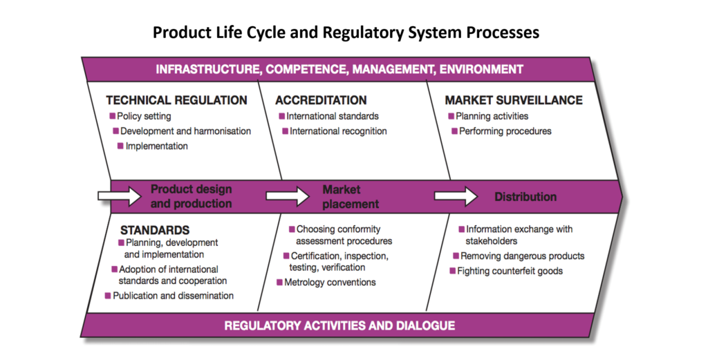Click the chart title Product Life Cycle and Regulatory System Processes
pyautogui.click(x=346, y=32)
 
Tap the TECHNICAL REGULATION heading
pyautogui.click(x=176, y=100)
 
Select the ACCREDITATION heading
pyautogui.click(x=321, y=100)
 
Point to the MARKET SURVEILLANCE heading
pyautogui.click(x=513, y=100)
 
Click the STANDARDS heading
pyautogui.click(x=155, y=229)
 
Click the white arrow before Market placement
pyautogui.click(x=287, y=197)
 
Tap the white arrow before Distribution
pyautogui.click(x=456, y=197)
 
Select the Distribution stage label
pyautogui.click(x=525, y=197)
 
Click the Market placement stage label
pyautogui.click(x=351, y=197)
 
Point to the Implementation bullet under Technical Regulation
pyautogui.click(x=156, y=146)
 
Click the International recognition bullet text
pyautogui.click(x=338, y=131)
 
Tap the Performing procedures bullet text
pyautogui.click(x=505, y=131)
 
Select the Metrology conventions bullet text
pyautogui.click(x=330, y=283)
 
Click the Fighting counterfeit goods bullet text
pyautogui.click(x=510, y=271)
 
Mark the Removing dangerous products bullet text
pyautogui.click(x=522, y=256)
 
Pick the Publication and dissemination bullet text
pyautogui.click(x=174, y=296)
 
